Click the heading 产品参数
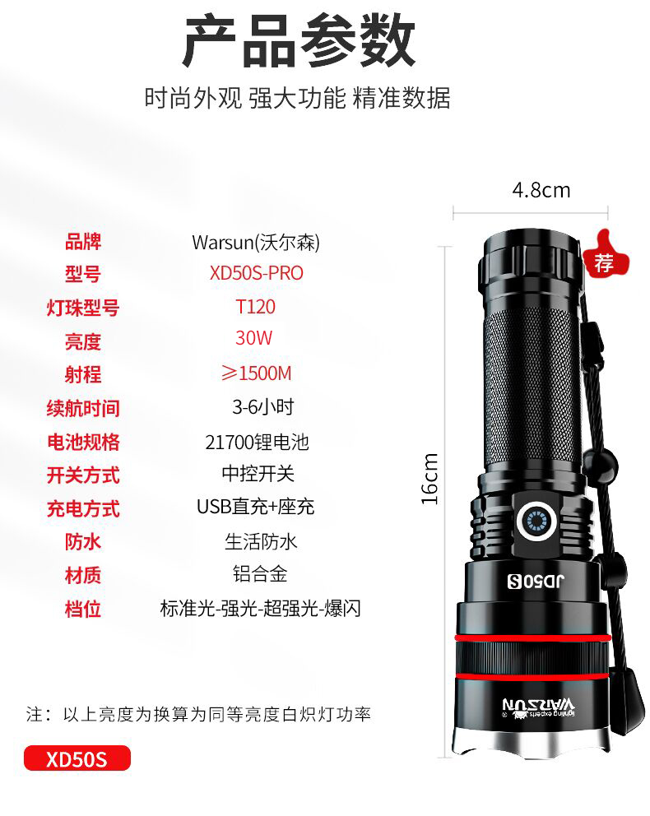[299, 40]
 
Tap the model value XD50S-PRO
[256, 273]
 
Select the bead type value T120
[256, 307]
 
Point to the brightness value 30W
[254, 338]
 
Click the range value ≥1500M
[256, 373]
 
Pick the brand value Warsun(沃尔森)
[256, 243]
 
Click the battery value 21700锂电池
[257, 443]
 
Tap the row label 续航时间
[83, 408]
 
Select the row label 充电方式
[83, 508]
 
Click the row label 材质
[83, 576]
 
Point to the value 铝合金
[260, 574]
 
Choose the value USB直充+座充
[256, 507]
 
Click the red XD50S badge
[77, 758]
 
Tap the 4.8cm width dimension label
[541, 191]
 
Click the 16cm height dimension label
[430, 479]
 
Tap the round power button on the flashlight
[536, 521]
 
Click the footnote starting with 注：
[198, 714]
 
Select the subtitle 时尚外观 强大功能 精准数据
[297, 98]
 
